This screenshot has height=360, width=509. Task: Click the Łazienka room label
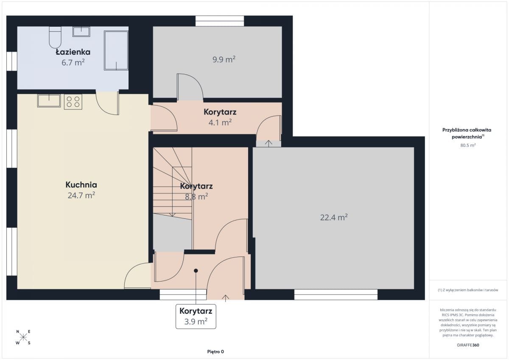(x=73, y=52)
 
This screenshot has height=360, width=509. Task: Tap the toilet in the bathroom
(x=55, y=37)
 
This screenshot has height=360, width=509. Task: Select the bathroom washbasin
(x=81, y=31)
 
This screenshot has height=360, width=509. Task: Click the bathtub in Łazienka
(x=116, y=50)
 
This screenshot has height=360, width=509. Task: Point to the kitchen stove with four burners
(x=73, y=102)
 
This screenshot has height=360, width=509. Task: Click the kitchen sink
(x=49, y=100)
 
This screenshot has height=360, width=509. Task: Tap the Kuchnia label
(x=81, y=184)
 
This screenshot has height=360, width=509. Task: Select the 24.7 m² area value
(x=81, y=195)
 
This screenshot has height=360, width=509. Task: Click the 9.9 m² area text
(x=224, y=59)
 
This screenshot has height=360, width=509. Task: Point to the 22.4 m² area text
(x=334, y=217)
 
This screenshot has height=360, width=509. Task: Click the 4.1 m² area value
(x=220, y=123)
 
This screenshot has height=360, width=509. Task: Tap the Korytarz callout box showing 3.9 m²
(x=196, y=316)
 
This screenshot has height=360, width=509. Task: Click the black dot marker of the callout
(x=196, y=271)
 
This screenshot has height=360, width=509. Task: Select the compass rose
(x=23, y=337)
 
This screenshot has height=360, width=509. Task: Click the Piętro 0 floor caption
(x=215, y=352)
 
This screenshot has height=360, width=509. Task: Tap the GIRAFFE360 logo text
(x=468, y=345)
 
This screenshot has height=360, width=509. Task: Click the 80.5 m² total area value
(x=468, y=145)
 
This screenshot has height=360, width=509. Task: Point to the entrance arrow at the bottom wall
(x=225, y=298)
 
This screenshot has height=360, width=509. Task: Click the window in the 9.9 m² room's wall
(x=220, y=21)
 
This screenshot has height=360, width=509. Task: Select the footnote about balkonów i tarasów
(x=468, y=290)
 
